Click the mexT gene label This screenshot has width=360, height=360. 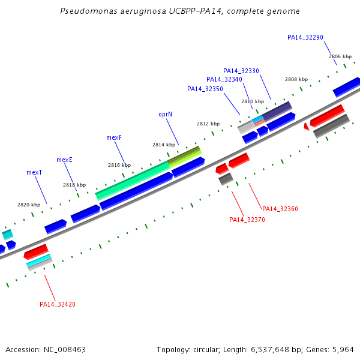[34, 172]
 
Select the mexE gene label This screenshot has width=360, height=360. [64, 160]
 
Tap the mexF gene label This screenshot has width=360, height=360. [114, 137]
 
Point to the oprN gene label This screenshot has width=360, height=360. [166, 115]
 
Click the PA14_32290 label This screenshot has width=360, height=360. [305, 37]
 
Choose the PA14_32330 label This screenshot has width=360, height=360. [241, 71]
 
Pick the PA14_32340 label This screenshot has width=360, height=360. [224, 79]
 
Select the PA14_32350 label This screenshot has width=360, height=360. [205, 89]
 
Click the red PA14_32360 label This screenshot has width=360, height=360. [280, 209]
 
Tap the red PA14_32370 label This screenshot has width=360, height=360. [247, 220]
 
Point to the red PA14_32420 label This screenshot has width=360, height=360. [58, 304]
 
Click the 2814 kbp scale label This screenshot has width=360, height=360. [164, 145]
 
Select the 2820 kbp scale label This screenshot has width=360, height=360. [29, 205]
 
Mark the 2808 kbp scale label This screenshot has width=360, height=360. [296, 79]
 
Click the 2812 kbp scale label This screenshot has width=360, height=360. [208, 124]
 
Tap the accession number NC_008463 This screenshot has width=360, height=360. [65, 350]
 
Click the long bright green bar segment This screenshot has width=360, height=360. [133, 181]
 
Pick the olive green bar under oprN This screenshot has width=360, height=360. [184, 157]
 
